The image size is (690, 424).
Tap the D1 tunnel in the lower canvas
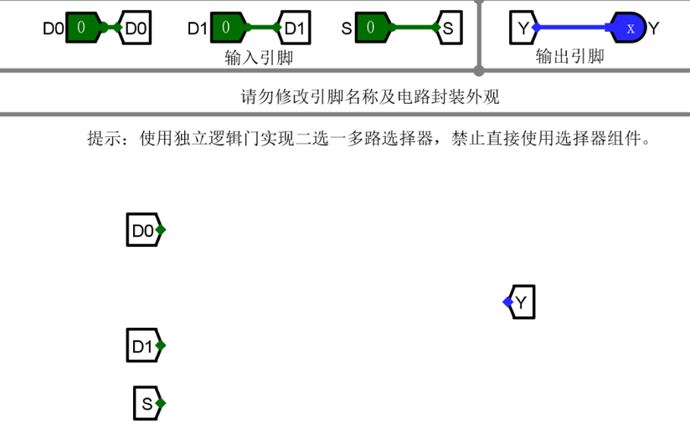tap(146, 345)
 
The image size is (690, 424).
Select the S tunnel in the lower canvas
tap(149, 404)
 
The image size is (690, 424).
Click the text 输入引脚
tap(259, 57)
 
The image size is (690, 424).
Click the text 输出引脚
tap(569, 57)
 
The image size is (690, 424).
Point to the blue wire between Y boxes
tap(574, 28)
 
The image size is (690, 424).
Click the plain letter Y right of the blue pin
tap(654, 28)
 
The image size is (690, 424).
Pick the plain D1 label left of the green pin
tap(197, 28)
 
